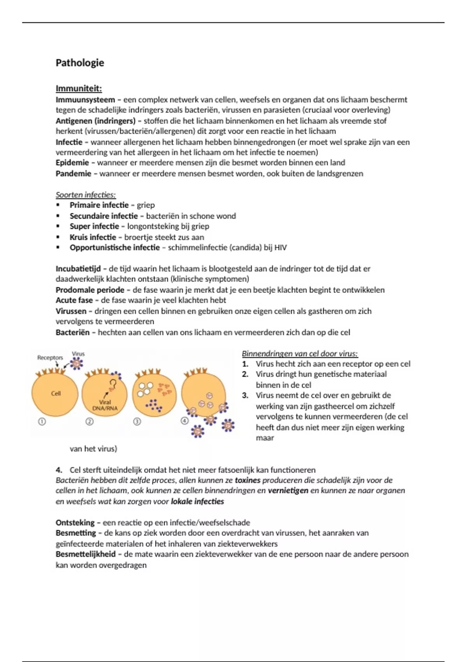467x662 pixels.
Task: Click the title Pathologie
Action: tap(80, 63)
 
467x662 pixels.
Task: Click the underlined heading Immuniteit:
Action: tap(79, 88)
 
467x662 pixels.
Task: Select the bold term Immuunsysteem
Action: tap(85, 100)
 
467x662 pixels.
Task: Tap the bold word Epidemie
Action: tap(72, 163)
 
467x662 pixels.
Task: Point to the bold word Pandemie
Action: tap(73, 174)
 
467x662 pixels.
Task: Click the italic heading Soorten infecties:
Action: tap(86, 195)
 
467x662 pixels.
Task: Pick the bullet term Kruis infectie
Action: tap(93, 237)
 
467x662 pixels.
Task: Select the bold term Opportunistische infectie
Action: tap(114, 248)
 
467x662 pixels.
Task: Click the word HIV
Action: tap(280, 248)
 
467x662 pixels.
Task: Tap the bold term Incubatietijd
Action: tap(78, 269)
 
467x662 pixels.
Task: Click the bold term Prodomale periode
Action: tap(90, 290)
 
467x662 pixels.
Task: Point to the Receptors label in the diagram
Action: tap(50, 357)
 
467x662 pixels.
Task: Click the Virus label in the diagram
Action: tap(78, 354)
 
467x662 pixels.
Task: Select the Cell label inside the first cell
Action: tap(56, 393)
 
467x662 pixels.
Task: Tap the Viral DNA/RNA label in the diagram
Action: tap(105, 405)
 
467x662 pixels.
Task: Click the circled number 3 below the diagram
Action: tap(137, 421)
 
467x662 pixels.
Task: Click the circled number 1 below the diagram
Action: tap(42, 421)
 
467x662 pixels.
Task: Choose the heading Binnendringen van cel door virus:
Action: tap(300, 354)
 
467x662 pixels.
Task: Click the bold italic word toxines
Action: tap(248, 481)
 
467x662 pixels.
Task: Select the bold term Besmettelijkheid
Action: tap(86, 554)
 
